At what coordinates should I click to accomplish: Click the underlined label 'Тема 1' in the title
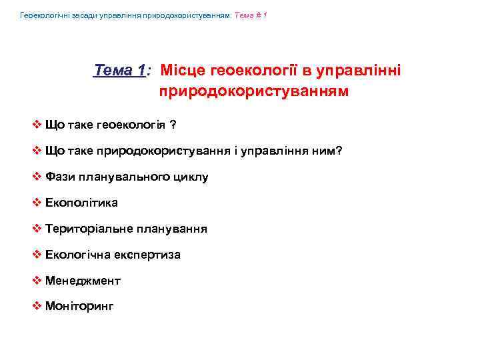[x=121, y=70]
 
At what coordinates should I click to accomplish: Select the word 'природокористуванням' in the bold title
[x=253, y=91]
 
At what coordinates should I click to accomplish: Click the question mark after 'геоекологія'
[x=172, y=125]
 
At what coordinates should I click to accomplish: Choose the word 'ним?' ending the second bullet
[x=327, y=151]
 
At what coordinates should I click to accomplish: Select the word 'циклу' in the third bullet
[x=192, y=177]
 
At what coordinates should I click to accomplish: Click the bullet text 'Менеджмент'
[x=83, y=281]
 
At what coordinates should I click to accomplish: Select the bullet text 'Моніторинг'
[x=80, y=307]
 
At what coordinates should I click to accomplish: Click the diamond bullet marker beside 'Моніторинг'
[x=37, y=307]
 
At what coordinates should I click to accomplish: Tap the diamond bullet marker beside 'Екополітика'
[x=37, y=203]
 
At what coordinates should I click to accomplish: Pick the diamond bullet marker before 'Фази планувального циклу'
[x=37, y=177]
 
